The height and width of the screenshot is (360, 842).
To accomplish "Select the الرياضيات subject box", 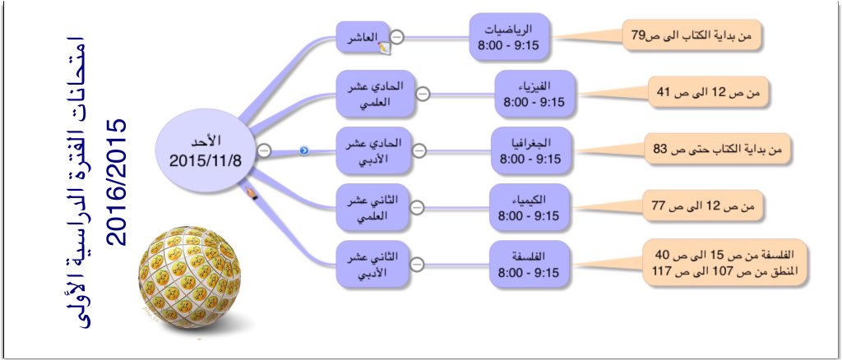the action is (x=511, y=37).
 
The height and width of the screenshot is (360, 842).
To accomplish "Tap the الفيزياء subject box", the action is (x=534, y=93).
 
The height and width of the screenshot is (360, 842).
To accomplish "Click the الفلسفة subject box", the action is (x=530, y=264).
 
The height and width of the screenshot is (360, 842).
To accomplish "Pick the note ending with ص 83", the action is (x=715, y=150).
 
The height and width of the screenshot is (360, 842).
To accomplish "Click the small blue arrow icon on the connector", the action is (x=303, y=150).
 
